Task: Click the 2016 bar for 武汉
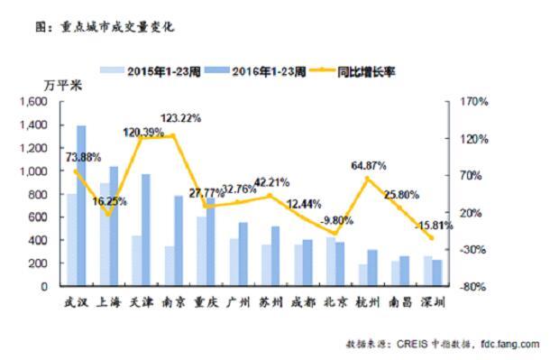point(82,206)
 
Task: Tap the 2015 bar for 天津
point(136,261)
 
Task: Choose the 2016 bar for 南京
point(179,241)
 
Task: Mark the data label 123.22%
point(181,118)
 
